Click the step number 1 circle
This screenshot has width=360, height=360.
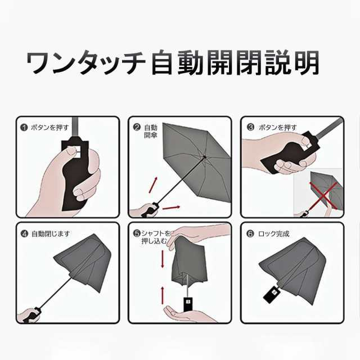24,127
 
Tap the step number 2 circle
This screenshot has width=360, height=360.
137,127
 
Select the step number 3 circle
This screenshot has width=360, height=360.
250,127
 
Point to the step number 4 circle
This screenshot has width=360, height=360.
24,234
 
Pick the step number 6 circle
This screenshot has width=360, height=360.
250,234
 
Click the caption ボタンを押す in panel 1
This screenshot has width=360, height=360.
50,128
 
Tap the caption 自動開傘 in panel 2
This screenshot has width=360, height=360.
151,131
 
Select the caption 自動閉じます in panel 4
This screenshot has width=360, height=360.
51,234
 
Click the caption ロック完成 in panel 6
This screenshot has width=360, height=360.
274,234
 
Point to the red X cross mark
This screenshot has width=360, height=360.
323,196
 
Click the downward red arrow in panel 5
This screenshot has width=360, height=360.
163,259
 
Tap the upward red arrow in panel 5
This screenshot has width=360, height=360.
163,295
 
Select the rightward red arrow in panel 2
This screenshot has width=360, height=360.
171,208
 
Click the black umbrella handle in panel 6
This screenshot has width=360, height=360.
272,295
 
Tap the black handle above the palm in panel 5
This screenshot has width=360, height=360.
188,304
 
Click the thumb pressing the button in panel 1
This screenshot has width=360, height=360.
69,151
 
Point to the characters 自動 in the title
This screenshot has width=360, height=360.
177,63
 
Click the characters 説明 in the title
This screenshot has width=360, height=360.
292,63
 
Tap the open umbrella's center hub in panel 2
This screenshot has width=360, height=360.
204,157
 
